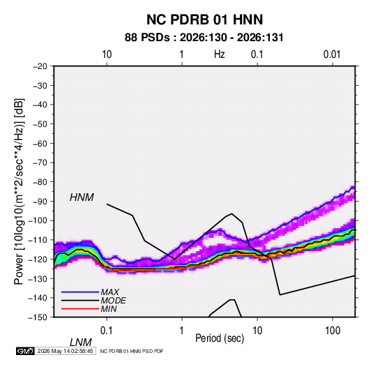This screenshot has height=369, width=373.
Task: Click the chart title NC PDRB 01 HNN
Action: point(204,20)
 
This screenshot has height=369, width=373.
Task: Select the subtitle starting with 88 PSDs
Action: point(204,38)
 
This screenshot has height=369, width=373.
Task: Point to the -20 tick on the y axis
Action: point(40,66)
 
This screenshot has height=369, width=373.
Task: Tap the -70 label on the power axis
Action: point(40,163)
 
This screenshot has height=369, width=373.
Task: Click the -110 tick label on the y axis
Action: point(38,240)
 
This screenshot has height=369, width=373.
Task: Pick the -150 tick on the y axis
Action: point(38,317)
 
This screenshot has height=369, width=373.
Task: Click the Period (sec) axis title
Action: point(220,338)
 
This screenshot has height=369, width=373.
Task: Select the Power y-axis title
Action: point(20,191)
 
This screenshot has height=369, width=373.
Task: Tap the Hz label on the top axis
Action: point(220,54)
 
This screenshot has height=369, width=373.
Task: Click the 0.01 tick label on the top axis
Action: point(332,54)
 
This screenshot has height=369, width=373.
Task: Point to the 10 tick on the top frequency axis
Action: point(107,54)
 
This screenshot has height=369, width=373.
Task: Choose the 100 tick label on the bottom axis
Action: point(333,331)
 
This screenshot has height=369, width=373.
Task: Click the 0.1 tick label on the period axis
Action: point(107,331)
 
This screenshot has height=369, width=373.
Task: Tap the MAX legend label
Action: point(110,292)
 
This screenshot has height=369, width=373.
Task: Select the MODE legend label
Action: point(113,301)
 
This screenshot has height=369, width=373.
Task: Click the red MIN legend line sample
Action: point(80,309)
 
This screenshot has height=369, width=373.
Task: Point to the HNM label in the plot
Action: point(82,197)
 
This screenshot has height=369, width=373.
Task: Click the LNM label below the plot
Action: point(81,342)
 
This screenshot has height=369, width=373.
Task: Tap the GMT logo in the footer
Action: point(26,351)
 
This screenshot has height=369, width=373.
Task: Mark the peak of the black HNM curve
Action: point(232,213)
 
